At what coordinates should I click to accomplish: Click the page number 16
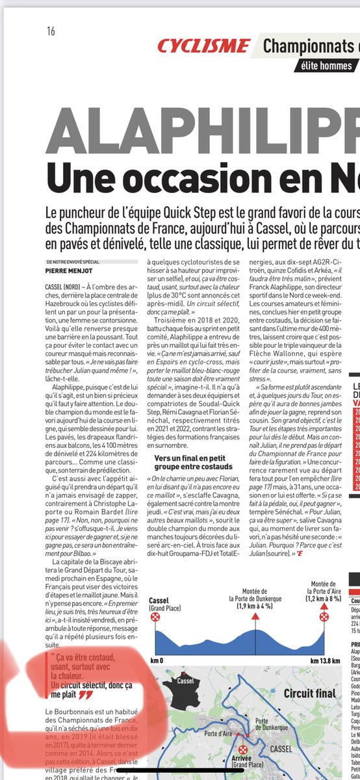[x=51, y=31]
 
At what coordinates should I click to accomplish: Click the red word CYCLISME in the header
[x=203, y=46]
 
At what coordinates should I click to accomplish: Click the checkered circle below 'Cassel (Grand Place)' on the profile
[x=155, y=616]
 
